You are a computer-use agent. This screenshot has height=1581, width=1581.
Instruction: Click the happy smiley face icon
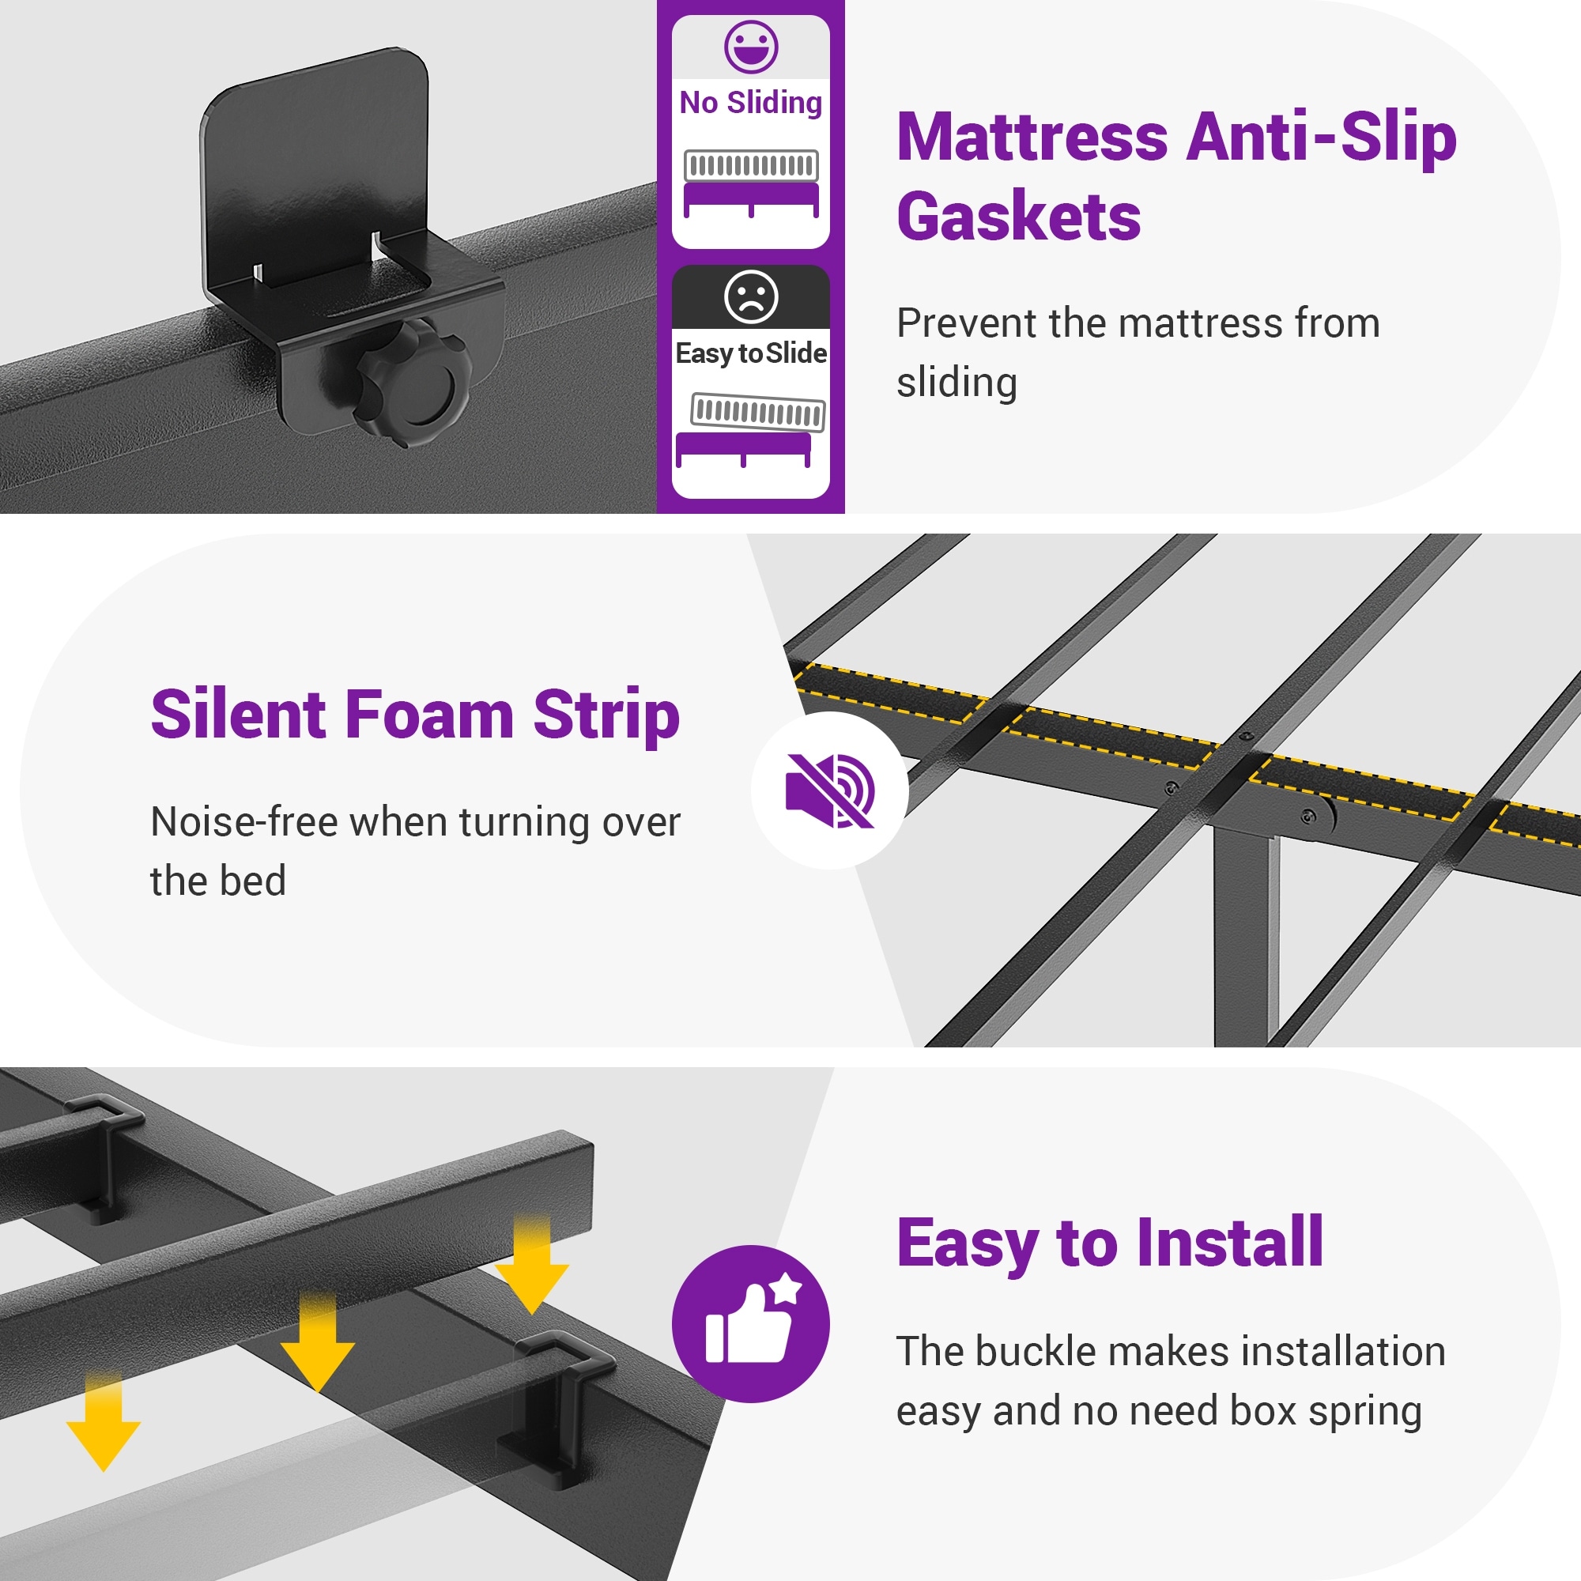750,47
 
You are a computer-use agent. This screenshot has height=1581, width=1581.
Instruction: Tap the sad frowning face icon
750,296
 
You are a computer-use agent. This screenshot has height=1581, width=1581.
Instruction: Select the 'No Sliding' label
750,103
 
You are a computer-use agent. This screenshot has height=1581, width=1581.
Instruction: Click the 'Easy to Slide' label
750,353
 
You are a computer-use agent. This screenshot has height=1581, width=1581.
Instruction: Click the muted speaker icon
830,790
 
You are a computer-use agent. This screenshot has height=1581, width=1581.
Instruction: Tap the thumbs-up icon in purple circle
750,1324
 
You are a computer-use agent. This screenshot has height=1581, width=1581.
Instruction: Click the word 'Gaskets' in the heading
1018,216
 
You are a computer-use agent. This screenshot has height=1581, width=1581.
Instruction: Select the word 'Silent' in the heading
238,715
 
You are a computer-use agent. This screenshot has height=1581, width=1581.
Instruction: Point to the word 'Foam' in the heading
429,715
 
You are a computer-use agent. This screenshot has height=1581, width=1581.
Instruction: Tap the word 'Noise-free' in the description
243,822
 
